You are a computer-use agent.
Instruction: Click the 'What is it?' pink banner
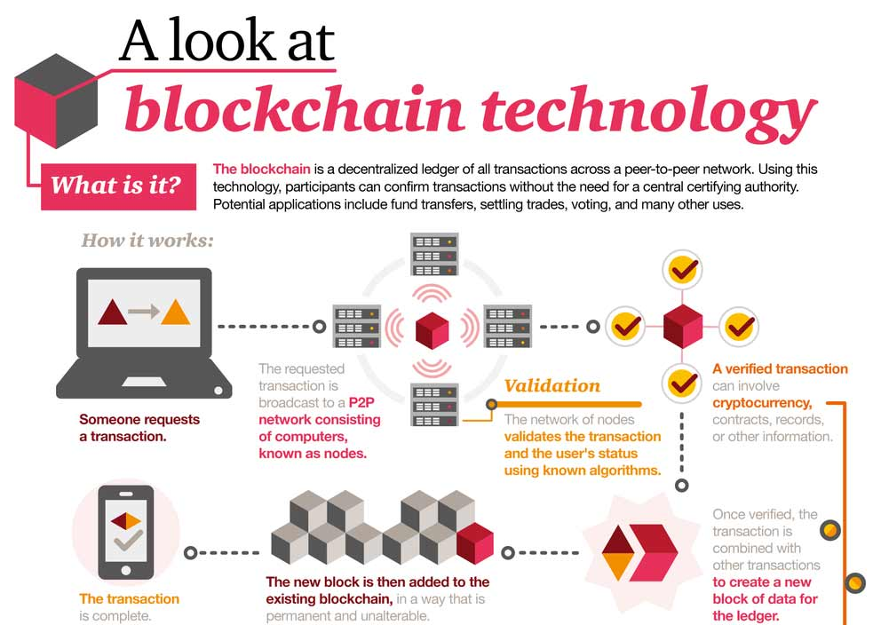[118, 186]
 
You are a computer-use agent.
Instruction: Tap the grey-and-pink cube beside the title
[56, 101]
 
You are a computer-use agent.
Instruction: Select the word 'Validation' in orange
[552, 385]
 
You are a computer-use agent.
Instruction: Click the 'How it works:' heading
[147, 241]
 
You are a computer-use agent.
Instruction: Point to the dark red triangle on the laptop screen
[113, 312]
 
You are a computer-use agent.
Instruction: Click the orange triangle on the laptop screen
[175, 312]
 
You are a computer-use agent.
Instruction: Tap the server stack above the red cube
[434, 255]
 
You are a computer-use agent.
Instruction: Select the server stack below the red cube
[434, 405]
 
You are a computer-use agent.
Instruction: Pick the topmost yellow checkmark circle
[683, 270]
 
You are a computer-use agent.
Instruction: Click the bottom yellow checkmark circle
[682, 383]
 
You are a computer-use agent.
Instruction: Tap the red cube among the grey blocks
[475, 542]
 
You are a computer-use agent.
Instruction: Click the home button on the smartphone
[126, 570]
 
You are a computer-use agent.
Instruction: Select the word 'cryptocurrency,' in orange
[762, 403]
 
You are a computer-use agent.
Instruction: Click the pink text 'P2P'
[361, 402]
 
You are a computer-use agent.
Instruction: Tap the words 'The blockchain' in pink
[262, 170]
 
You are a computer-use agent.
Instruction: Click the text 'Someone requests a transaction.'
[139, 428]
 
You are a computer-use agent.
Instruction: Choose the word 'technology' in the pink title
[648, 110]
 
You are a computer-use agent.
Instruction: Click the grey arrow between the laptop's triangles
[144, 312]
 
